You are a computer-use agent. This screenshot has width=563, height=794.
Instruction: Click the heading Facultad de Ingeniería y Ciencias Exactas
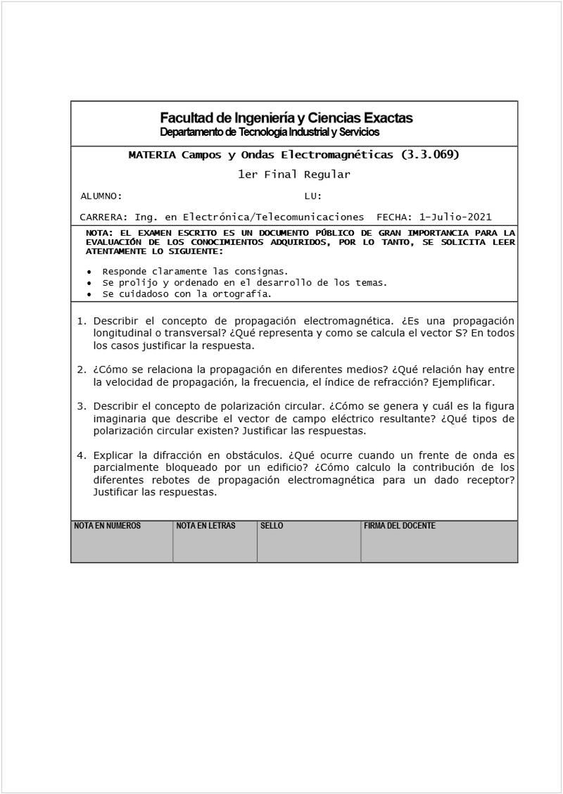pyautogui.click(x=286, y=118)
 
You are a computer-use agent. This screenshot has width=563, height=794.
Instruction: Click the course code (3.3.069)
pyautogui.click(x=429, y=155)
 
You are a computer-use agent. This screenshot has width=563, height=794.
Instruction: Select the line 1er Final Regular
pyautogui.click(x=293, y=175)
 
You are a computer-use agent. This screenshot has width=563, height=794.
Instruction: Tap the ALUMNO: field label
pyautogui.click(x=101, y=196)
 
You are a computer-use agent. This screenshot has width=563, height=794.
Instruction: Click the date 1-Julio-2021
pyautogui.click(x=455, y=217)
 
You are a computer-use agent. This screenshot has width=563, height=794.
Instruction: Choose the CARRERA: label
pyautogui.click(x=103, y=217)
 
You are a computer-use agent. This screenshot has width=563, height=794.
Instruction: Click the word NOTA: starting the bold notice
pyautogui.click(x=99, y=233)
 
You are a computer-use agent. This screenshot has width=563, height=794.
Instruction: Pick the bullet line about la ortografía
pyautogui.click(x=186, y=294)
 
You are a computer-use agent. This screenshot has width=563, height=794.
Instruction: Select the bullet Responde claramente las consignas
pyautogui.click(x=195, y=272)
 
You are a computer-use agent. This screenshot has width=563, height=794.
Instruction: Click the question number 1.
pyautogui.click(x=81, y=321)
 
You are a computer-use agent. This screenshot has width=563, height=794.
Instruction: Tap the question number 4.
pyautogui.click(x=81, y=455)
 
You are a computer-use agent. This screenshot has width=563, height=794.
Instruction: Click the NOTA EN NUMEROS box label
pyautogui.click(x=107, y=526)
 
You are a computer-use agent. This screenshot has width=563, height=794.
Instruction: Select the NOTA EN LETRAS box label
pyautogui.click(x=205, y=526)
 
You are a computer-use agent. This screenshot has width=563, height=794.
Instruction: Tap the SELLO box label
pyautogui.click(x=272, y=526)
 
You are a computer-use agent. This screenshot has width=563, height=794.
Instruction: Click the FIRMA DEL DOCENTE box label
pyautogui.click(x=399, y=526)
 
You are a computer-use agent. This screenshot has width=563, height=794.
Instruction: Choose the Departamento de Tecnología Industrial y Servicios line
pyautogui.click(x=270, y=132)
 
